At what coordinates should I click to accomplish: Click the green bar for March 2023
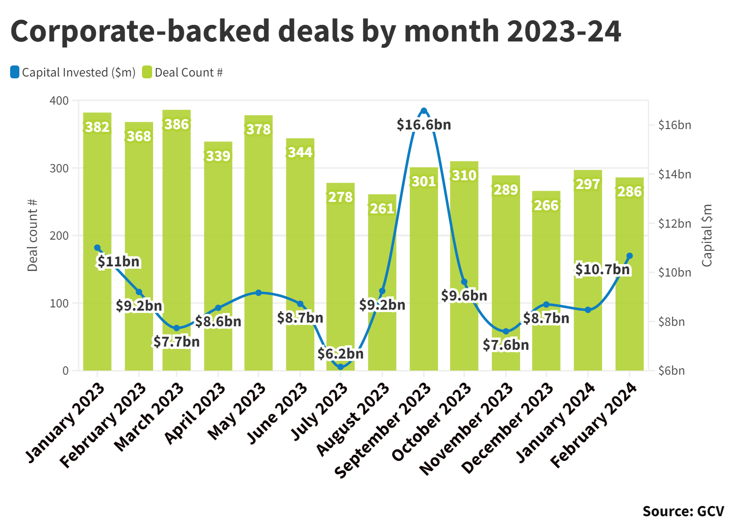(177, 230)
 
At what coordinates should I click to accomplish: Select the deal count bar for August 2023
(382, 258)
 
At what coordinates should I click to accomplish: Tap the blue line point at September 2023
(424, 111)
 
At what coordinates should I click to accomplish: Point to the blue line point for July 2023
(341, 367)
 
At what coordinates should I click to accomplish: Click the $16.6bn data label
(424, 125)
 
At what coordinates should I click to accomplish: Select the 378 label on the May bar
(259, 130)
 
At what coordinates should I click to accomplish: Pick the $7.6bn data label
(506, 345)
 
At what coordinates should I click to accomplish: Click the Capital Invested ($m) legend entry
(73, 72)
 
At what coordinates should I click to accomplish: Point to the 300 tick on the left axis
(59, 168)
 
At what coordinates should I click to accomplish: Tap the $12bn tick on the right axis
(675, 224)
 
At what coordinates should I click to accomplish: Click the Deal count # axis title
(32, 235)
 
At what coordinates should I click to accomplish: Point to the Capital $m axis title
(707, 235)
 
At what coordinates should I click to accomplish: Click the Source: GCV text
(683, 511)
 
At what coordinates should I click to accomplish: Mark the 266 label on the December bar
(546, 206)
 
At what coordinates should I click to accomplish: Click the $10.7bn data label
(602, 270)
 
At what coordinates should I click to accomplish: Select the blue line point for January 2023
(97, 248)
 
